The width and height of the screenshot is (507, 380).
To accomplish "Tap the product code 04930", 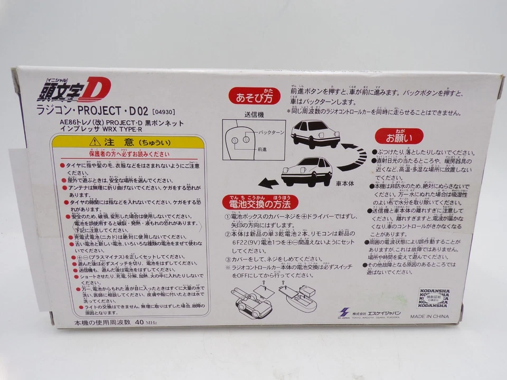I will coord(162,112).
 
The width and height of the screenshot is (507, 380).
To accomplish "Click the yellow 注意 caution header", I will coord(129,142).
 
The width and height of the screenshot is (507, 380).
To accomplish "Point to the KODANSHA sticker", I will coord(432,298).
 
